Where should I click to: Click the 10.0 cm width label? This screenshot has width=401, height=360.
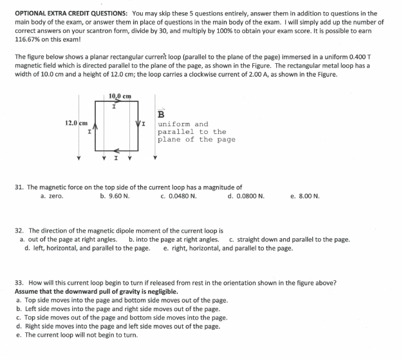click(120, 96)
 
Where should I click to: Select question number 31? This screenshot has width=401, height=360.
click(19, 187)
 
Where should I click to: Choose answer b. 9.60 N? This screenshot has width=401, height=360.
click(115, 196)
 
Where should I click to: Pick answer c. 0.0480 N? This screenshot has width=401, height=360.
click(178, 196)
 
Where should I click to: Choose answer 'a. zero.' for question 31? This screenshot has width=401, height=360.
click(51, 196)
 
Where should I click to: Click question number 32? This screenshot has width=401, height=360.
click(19, 230)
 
